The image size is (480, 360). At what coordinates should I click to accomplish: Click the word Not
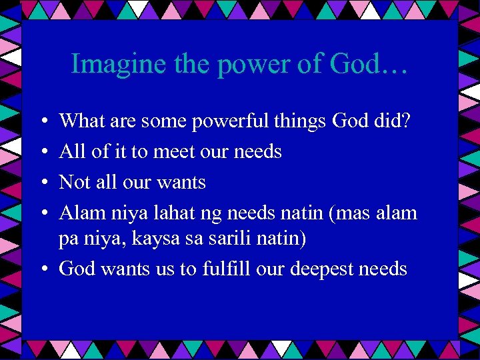[x=73, y=182]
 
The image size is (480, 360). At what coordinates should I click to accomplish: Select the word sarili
[x=231, y=238]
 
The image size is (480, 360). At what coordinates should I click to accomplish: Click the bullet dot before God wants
[x=41, y=270]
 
